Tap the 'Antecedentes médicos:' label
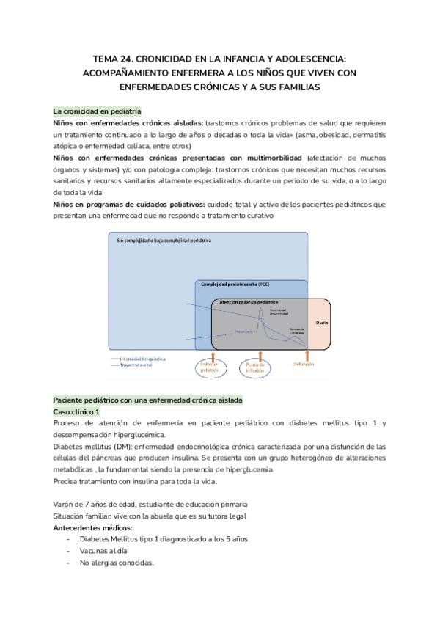(x=93, y=527)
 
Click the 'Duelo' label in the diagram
(x=321, y=322)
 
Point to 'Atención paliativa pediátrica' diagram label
(x=250, y=301)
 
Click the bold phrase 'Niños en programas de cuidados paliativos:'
(x=129, y=204)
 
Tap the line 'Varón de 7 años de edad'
(x=150, y=504)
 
